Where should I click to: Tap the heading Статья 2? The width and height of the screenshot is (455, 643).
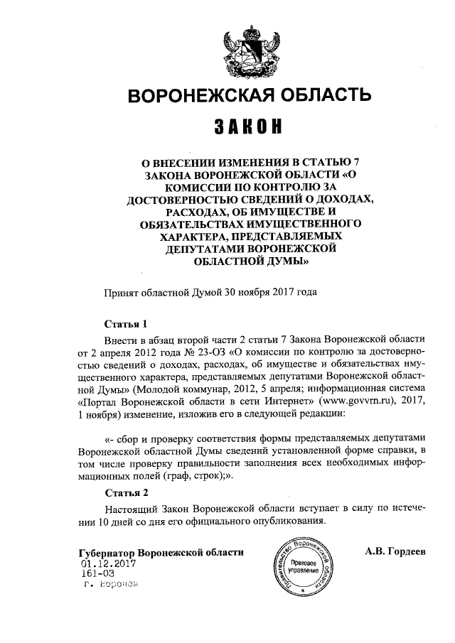click(126, 492)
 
